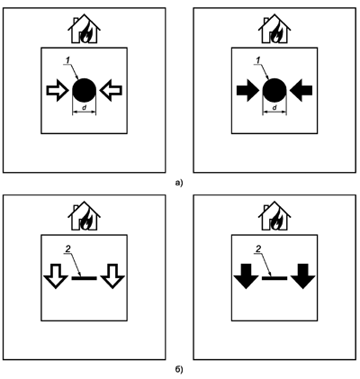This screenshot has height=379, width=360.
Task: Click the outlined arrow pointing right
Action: [x=58, y=90]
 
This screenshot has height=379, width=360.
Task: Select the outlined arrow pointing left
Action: [x=111, y=90]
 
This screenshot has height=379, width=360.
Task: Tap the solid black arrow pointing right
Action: [x=247, y=90]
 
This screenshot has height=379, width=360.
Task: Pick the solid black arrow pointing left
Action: [x=301, y=90]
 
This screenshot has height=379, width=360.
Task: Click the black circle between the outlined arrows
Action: [x=85, y=90]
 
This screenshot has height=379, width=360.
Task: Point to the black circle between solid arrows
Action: [x=274, y=90]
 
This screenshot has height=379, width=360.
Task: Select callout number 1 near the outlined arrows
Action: [x=67, y=60]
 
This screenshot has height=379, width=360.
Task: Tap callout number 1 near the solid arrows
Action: [x=258, y=60]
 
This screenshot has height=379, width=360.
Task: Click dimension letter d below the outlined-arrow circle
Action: [x=85, y=107]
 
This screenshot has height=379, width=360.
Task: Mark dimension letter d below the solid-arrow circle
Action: [x=274, y=107]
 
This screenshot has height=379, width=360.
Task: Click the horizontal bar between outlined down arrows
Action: [x=85, y=278]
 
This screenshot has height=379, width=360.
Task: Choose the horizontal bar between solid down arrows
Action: [x=274, y=278]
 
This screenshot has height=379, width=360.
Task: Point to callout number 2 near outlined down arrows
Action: [x=67, y=248]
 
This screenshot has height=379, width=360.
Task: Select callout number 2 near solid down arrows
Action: [x=258, y=248]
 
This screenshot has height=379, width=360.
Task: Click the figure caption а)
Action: [x=179, y=183]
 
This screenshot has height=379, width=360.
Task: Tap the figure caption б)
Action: [x=179, y=370]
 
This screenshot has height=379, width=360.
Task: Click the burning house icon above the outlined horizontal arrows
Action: [x=85, y=28]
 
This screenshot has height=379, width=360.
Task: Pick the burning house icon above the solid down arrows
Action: [x=274, y=215]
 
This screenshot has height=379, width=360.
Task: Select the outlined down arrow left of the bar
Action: [x=56, y=276]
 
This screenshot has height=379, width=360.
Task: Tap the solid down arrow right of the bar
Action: [x=303, y=276]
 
